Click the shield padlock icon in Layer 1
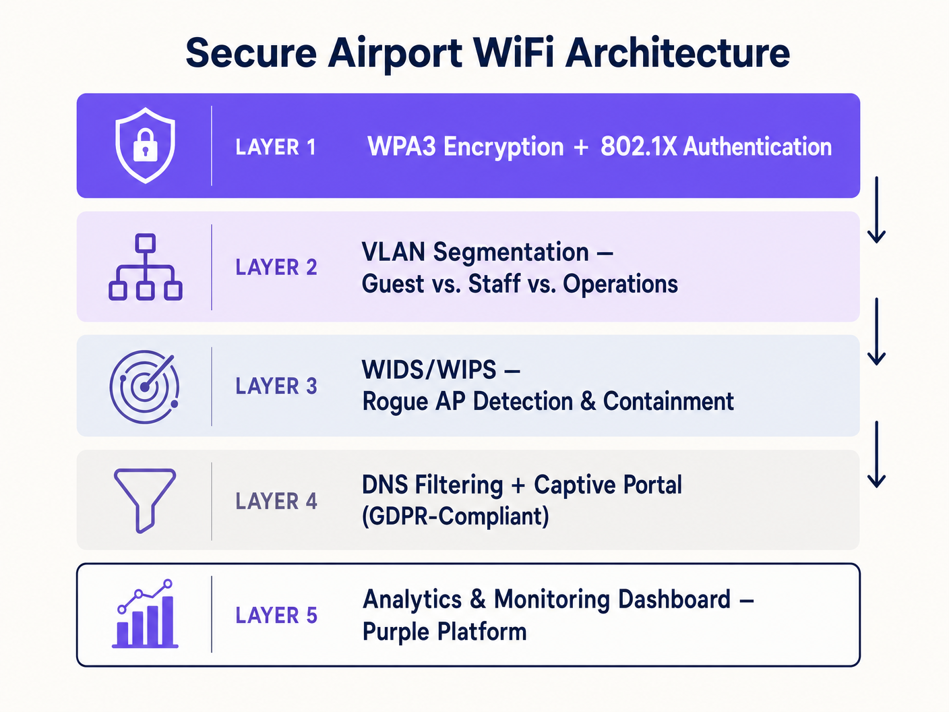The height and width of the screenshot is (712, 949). [x=146, y=146]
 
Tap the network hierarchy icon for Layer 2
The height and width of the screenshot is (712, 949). [x=146, y=267]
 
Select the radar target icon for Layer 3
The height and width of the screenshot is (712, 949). [x=144, y=386]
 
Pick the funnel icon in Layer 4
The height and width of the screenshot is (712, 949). [x=145, y=500]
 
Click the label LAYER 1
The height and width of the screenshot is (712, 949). [x=276, y=147]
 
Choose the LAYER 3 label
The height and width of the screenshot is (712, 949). [x=276, y=386]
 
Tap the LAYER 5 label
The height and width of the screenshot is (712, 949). [x=276, y=616]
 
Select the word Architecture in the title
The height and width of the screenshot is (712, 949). [x=677, y=53]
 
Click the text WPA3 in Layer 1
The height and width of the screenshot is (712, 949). [x=402, y=146]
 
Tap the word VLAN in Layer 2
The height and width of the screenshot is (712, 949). [x=394, y=252]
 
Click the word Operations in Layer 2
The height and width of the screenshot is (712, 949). [x=620, y=284]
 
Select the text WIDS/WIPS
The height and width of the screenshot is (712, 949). [x=429, y=369]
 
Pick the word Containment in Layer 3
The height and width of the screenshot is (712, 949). [x=668, y=401]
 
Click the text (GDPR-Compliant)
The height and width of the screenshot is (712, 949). [x=456, y=516]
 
